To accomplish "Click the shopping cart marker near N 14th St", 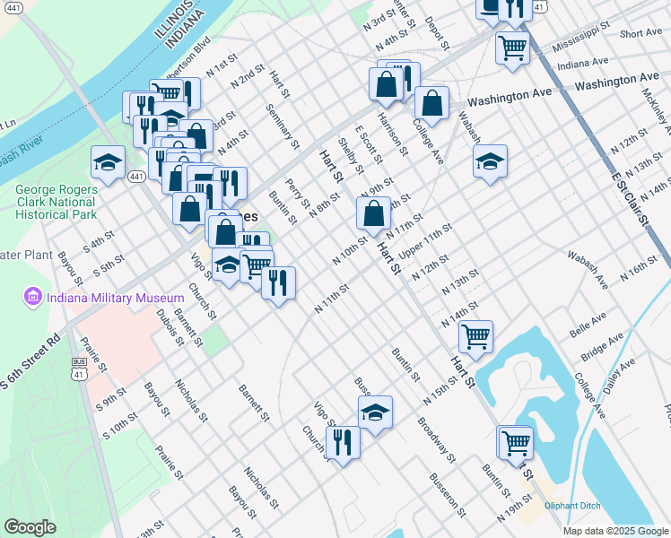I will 475,336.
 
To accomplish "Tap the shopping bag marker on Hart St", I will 373,214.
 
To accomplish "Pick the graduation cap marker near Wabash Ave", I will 490,161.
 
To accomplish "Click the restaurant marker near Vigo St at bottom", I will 343,442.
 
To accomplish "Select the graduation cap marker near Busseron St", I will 376,412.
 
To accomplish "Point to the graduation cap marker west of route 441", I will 108,162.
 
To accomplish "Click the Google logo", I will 30,527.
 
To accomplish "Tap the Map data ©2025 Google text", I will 614,531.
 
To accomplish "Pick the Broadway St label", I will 437,436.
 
